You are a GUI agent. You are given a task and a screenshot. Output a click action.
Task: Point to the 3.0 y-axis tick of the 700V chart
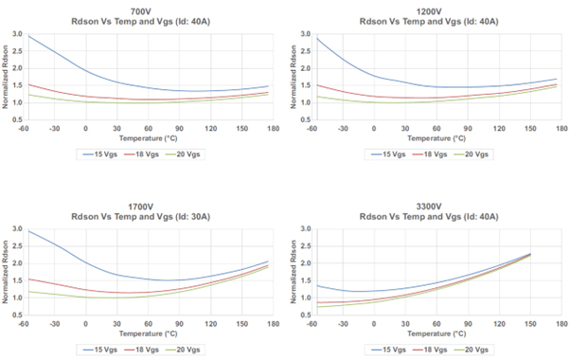coord(18,35)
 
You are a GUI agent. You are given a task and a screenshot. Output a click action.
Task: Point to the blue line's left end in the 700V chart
coord(28,36)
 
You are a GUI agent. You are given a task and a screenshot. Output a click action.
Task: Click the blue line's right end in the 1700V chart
coord(269,261)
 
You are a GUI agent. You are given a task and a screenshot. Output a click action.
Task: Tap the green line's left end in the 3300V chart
coord(314,307)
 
